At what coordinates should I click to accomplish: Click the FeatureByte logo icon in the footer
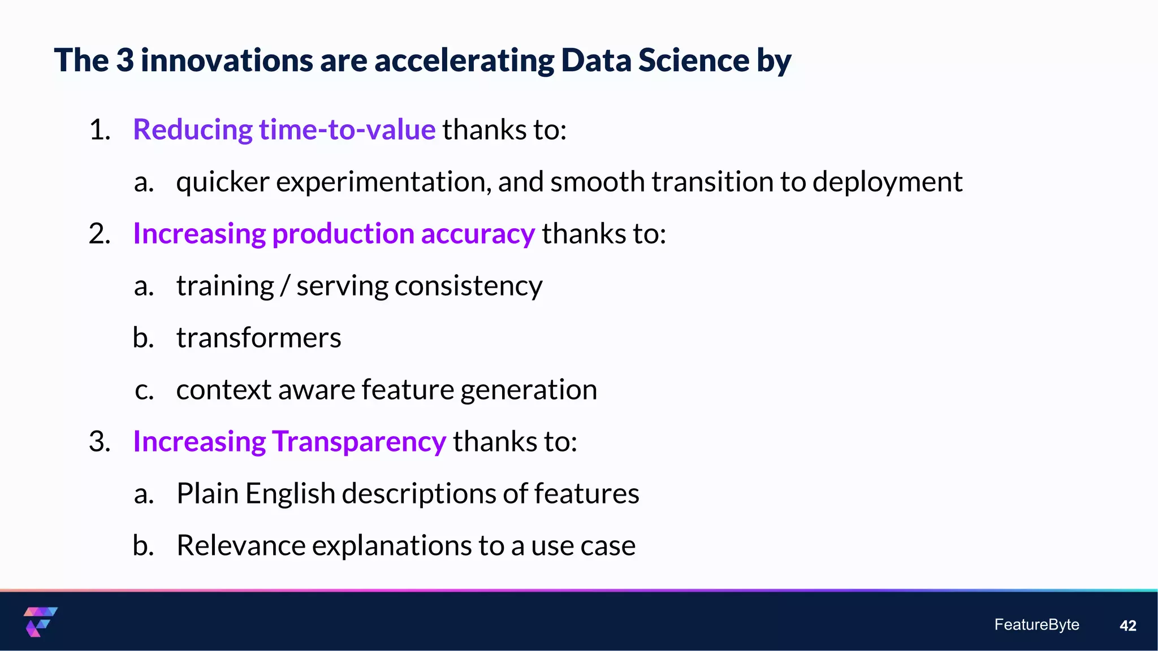[40, 622]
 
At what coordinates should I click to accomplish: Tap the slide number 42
[1127, 626]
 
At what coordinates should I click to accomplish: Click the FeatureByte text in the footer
[1036, 624]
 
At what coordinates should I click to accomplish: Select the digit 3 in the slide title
[125, 60]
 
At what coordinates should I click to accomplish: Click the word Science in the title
[694, 60]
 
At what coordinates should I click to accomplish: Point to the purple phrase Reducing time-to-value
[284, 129]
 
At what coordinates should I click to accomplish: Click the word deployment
[887, 182]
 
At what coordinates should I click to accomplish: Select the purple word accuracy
[478, 234]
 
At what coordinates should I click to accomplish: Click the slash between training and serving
[285, 286]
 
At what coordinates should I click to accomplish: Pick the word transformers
[258, 338]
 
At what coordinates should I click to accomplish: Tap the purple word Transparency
[359, 441]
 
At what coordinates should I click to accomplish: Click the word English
[290, 493]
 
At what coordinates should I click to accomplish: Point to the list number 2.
[99, 234]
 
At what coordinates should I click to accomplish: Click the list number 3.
[99, 441]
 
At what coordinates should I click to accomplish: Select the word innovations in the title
[226, 60]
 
